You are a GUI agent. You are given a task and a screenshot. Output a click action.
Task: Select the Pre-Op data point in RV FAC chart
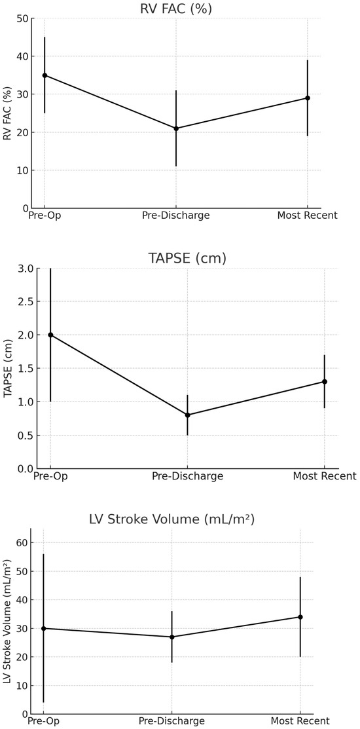click(45, 75)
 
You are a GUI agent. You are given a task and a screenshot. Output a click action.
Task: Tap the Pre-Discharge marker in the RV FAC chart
click(176, 128)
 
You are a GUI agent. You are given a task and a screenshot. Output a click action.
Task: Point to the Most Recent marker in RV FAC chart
click(308, 98)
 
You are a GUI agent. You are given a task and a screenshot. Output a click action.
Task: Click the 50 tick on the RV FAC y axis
click(22, 18)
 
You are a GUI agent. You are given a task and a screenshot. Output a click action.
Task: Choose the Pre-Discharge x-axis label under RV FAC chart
click(176, 215)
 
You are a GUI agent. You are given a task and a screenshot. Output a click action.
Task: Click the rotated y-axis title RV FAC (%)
click(8, 113)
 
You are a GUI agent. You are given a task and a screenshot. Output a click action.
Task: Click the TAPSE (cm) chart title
click(187, 258)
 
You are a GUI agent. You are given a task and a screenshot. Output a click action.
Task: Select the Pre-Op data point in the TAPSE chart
click(50, 335)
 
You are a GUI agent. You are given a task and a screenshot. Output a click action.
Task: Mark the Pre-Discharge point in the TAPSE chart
click(188, 415)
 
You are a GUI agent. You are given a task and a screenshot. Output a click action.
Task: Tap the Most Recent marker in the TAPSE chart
click(325, 381)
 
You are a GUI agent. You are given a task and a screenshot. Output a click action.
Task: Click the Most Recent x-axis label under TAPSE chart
click(325, 476)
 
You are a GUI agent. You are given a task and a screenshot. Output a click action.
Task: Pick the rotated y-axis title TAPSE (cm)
click(8, 368)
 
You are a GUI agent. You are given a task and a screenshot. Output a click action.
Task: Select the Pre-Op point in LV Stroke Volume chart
click(43, 628)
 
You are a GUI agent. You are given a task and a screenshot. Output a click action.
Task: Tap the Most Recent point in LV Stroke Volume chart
click(300, 617)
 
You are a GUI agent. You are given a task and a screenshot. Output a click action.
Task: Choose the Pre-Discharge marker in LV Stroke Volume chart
click(171, 637)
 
